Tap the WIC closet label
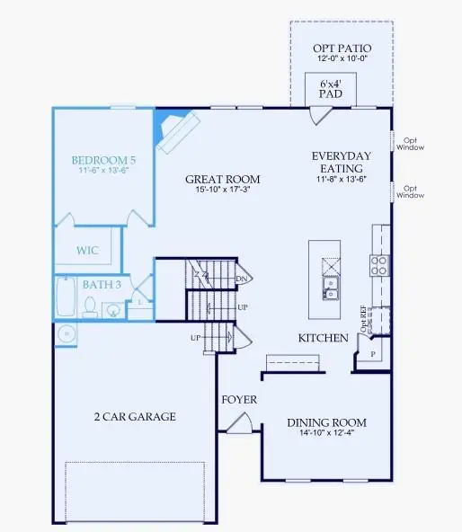click(87, 251)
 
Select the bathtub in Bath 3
click(66, 298)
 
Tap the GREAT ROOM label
click(216, 178)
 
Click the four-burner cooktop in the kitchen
click(379, 264)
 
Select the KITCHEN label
click(324, 338)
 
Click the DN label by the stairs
click(241, 279)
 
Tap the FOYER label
click(239, 399)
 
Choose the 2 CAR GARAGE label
click(135, 417)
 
